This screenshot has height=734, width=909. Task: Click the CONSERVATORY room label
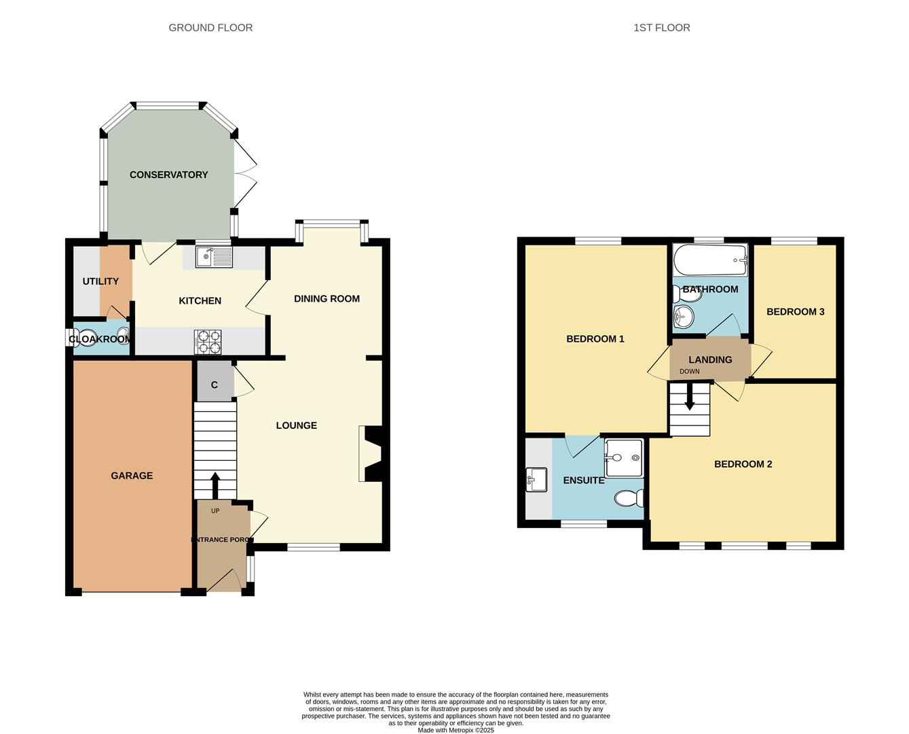click(x=168, y=175)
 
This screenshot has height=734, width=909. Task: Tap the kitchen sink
click(x=214, y=257)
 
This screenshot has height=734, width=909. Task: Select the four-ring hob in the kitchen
click(x=208, y=342)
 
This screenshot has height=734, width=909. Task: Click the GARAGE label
click(x=132, y=476)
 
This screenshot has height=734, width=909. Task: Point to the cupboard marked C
click(x=215, y=385)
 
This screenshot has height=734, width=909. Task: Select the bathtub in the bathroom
click(x=710, y=260)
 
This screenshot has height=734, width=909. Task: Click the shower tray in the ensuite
click(x=623, y=457)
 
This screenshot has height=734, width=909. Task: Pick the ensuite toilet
click(x=629, y=499)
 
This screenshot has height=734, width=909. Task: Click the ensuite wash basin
click(x=537, y=480)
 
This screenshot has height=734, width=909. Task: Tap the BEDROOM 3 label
click(x=795, y=312)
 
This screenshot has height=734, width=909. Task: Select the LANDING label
click(x=710, y=360)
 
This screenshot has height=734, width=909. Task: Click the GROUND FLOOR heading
click(x=210, y=28)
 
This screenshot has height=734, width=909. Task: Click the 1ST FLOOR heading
click(x=661, y=28)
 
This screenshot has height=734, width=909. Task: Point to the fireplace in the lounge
click(x=372, y=454)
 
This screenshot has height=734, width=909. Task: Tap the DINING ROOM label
click(x=327, y=298)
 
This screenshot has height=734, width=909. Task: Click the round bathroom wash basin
click(x=683, y=317)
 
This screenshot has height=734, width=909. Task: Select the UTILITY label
click(x=100, y=281)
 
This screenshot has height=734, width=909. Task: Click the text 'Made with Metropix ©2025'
click(x=456, y=730)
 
